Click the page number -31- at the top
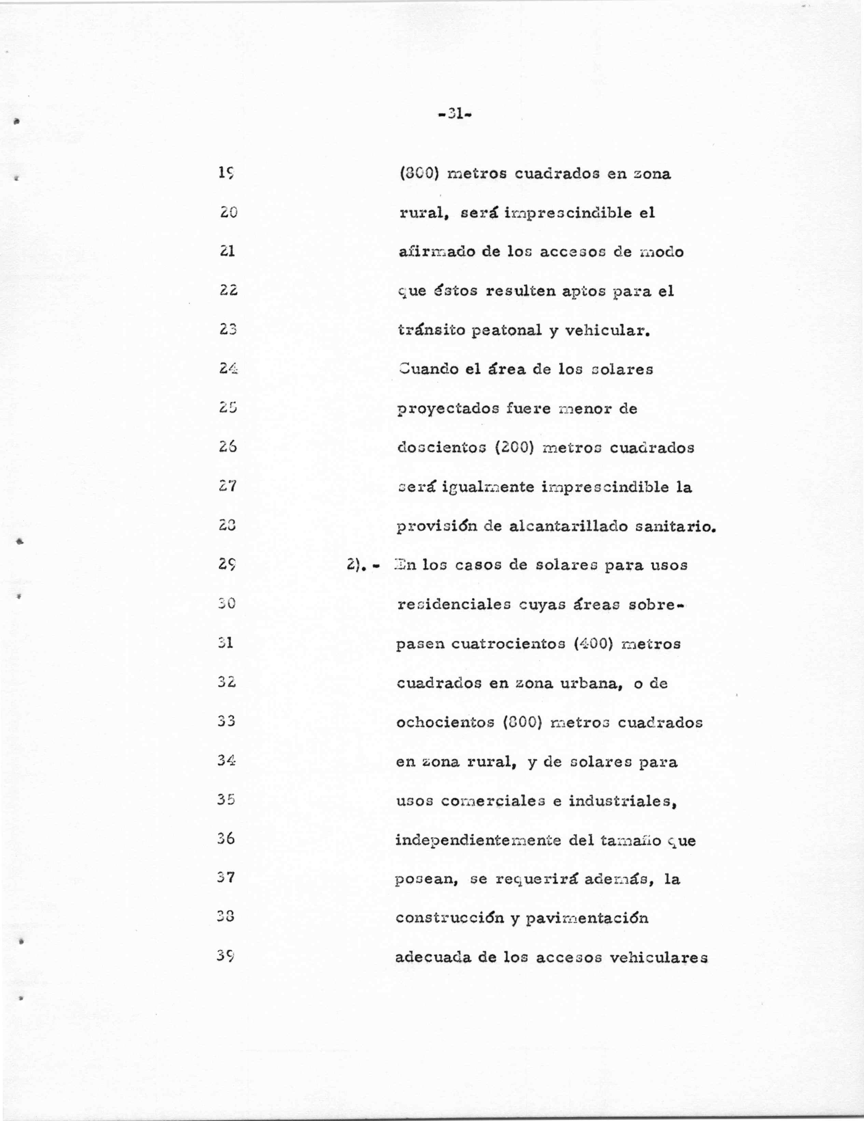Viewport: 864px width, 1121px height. pyautogui.click(x=455, y=114)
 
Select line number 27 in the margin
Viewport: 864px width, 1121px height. pyautogui.click(x=226, y=486)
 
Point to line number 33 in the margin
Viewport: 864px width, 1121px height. pyautogui.click(x=226, y=721)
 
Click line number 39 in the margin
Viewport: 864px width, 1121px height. pyautogui.click(x=226, y=956)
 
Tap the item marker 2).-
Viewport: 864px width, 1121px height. pyautogui.click(x=363, y=565)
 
